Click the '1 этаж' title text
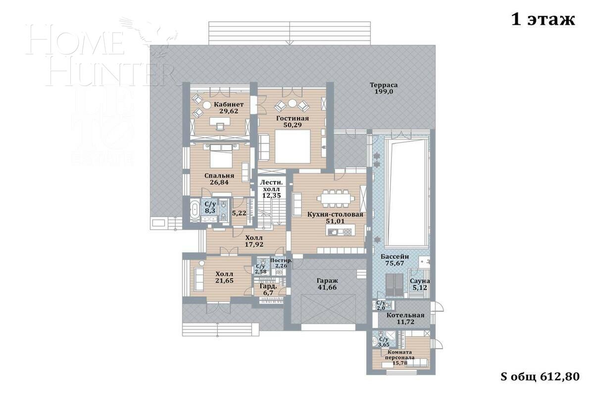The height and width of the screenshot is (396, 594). point(543,20)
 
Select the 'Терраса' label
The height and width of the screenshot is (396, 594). point(384,85)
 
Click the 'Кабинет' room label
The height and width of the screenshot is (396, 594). point(229,104)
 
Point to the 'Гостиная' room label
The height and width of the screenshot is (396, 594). point(292,118)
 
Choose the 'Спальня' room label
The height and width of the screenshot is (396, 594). point(219,176)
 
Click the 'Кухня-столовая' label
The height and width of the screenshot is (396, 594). point(335,215)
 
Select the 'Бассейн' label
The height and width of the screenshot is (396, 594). point(395,257)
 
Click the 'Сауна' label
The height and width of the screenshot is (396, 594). point(419,281)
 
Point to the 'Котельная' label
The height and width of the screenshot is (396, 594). point(405,315)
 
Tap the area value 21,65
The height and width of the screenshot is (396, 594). point(224,281)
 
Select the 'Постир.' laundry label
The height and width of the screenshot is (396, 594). point(281,260)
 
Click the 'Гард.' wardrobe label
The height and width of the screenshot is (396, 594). point(268,286)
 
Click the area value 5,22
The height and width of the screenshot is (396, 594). point(239,213)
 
